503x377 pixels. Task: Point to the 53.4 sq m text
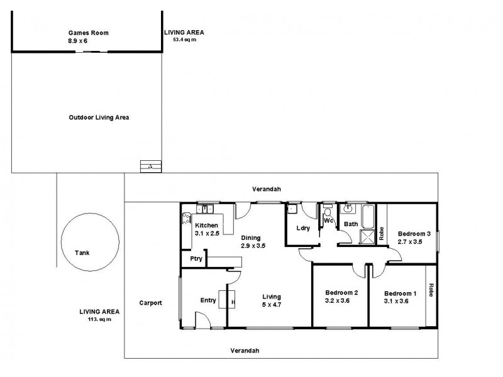(x=184, y=40)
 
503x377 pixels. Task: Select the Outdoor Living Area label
(x=99, y=117)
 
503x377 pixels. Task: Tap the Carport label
(x=151, y=302)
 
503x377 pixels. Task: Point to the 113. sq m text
(x=99, y=319)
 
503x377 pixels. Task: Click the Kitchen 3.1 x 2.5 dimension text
(x=207, y=233)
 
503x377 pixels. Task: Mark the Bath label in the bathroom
(x=350, y=224)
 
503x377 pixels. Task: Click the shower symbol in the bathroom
(x=365, y=237)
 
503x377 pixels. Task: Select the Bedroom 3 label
(x=414, y=234)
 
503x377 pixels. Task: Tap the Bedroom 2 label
(x=341, y=292)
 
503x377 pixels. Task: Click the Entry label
(x=207, y=300)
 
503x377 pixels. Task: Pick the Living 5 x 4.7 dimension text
(x=272, y=305)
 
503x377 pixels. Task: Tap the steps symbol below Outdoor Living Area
(x=150, y=167)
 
